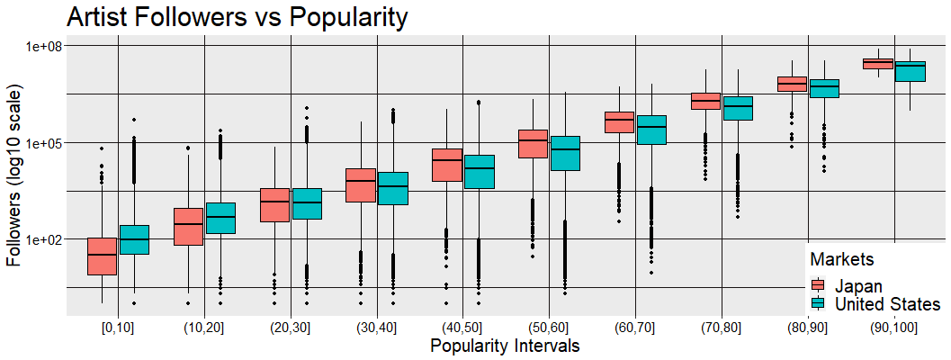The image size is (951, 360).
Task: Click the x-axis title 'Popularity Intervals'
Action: click(x=504, y=346)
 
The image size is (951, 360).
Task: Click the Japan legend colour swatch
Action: click(x=818, y=286)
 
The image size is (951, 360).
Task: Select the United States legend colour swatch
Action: click(x=818, y=304)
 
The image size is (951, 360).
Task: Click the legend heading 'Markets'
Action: click(x=843, y=260)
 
